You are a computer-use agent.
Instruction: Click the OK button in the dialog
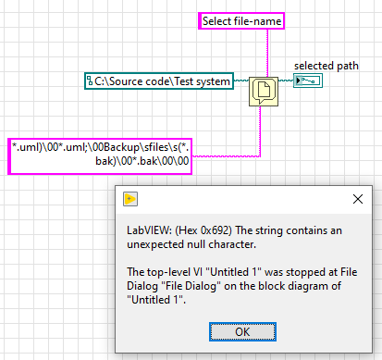(x=242, y=331)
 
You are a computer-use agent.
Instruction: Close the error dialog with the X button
(x=356, y=199)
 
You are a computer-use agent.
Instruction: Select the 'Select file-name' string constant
(x=241, y=20)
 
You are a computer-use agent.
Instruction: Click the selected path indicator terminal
(x=308, y=81)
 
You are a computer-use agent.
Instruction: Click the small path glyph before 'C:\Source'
(x=90, y=81)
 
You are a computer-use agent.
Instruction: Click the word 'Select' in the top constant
(x=220, y=20)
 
